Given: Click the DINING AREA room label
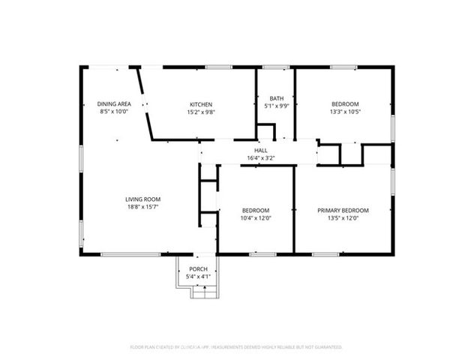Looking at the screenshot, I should pos(115,103).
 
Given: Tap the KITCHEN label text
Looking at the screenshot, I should pos(201,103).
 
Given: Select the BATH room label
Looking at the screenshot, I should pos(276,98).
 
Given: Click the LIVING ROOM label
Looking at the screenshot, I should pos(142,199).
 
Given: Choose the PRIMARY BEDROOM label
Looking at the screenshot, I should pos(343,211).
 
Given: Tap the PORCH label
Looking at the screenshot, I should pos(198,269).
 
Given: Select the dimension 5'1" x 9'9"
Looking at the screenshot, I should pos(276,106).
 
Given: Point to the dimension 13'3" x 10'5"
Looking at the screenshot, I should pos(344,111).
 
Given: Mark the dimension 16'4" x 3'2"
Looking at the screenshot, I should pos(260,158).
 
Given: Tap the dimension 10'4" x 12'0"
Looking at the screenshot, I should pos(256,218).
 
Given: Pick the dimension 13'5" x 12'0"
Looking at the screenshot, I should pos(343,218).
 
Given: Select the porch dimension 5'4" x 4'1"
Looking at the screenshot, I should pos(198,277).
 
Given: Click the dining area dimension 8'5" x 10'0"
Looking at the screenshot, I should pos(115,111).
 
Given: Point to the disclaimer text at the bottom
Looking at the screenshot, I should pos(235,347).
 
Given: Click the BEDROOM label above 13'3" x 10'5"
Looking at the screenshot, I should pos(344,103).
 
